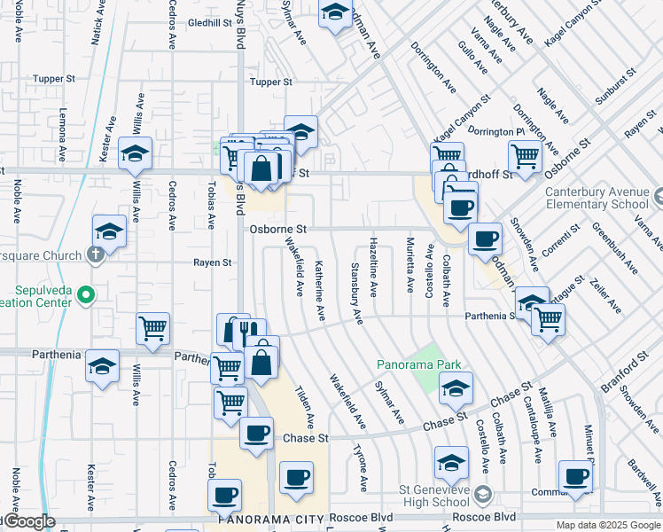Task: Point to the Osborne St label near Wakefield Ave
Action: tap(277, 229)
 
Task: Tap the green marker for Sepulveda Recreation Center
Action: tap(85, 293)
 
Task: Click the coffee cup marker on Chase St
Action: tap(256, 434)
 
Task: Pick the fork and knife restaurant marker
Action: tap(240, 332)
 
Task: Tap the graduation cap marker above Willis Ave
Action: tap(136, 153)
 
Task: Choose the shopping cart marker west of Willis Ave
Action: tap(152, 328)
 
